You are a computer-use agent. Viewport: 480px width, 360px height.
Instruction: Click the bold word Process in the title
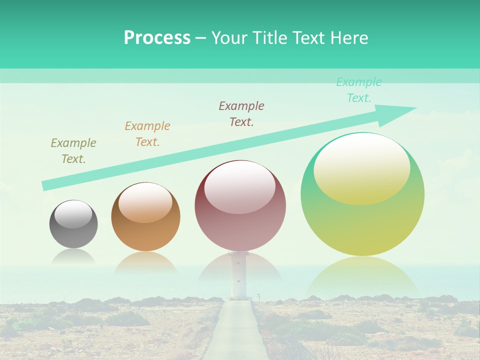pyautogui.click(x=157, y=38)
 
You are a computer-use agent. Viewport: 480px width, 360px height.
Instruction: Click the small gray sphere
pyautogui.click(x=73, y=230)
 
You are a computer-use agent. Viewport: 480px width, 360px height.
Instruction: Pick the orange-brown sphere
pyautogui.click(x=145, y=232)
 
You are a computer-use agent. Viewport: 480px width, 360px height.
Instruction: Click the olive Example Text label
pyautogui.click(x=73, y=151)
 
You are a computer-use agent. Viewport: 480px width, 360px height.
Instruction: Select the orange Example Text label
pyautogui.click(x=147, y=134)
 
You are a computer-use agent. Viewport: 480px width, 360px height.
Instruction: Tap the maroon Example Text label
pyautogui.click(x=241, y=114)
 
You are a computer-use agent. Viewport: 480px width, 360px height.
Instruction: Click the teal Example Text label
pyautogui.click(x=358, y=90)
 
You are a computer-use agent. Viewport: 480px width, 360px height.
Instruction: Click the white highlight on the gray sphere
pyautogui.click(x=73, y=214)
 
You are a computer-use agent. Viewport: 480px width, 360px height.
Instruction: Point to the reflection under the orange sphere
pyautogui.click(x=145, y=262)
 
